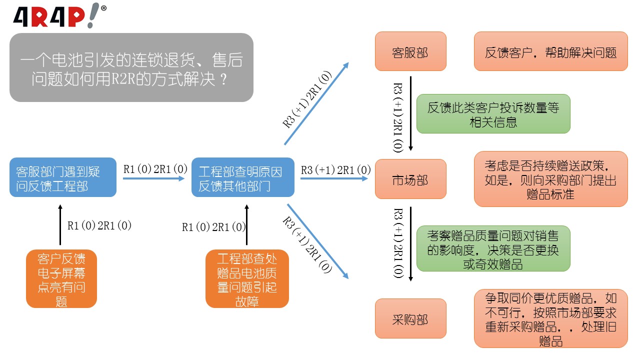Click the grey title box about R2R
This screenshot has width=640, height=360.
tap(131, 67)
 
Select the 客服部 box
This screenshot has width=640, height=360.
tap(410, 52)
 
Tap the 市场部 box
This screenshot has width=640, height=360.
tap(410, 179)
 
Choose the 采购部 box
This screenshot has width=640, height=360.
tap(410, 318)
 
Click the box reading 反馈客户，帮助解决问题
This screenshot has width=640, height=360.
tap(550, 52)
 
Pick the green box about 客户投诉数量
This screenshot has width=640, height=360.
tap(493, 114)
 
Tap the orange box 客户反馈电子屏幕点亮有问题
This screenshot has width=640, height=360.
tap(61, 278)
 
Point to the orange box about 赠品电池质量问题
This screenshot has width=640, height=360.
tap(247, 278)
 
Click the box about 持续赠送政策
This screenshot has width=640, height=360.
tap(550, 179)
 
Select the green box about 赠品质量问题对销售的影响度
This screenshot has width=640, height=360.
tap(493, 248)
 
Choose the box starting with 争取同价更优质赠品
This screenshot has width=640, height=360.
tap(550, 318)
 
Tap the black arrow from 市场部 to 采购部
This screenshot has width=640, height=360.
tap(410, 244)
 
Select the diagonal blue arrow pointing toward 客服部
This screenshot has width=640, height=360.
tap(317, 103)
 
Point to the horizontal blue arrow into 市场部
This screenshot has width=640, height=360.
tap(335, 178)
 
